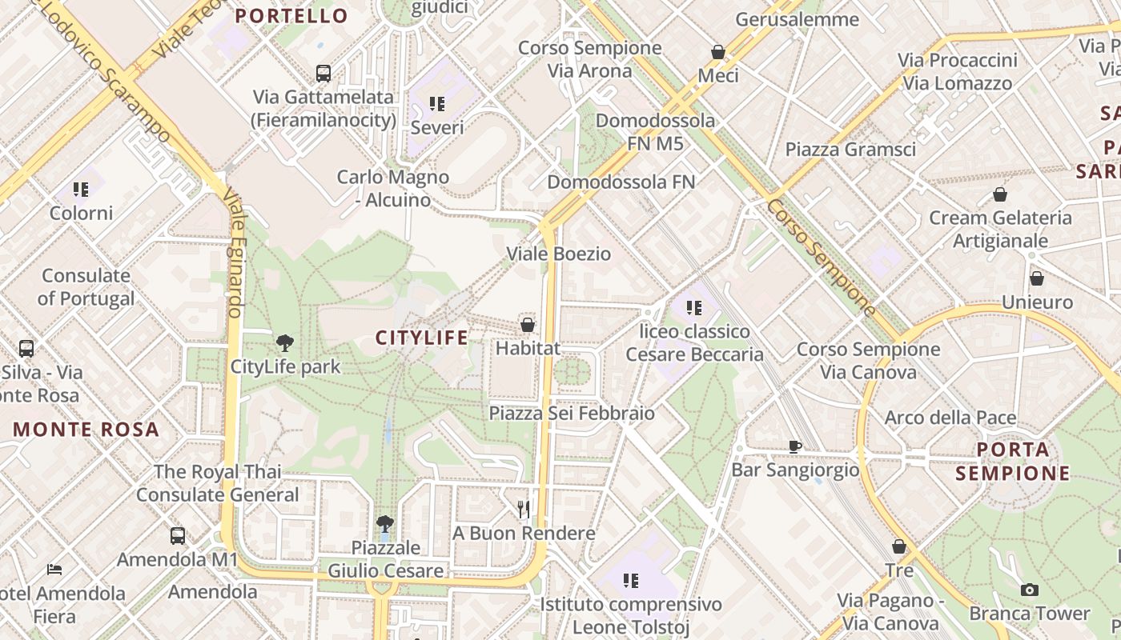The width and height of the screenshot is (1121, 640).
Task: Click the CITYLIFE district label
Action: click(422, 338)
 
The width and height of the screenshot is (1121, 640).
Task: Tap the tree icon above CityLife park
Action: click(284, 343)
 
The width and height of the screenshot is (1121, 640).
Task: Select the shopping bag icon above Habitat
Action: click(528, 324)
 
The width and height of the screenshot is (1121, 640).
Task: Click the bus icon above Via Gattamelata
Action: click(323, 74)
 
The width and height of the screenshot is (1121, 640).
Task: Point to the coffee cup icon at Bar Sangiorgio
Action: click(794, 446)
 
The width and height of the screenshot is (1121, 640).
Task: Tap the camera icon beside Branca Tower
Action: click(1030, 590)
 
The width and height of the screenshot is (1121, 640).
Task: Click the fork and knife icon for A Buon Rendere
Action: click(524, 509)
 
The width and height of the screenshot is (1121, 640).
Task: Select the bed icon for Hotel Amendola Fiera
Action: click(54, 570)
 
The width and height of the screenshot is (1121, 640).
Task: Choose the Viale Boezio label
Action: click(558, 254)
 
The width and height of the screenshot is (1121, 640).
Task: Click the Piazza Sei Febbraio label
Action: click(572, 413)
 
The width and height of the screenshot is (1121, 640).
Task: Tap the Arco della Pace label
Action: click(950, 418)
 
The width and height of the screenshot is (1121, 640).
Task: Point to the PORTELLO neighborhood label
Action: click(291, 16)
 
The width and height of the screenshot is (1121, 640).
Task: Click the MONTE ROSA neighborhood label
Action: click(86, 430)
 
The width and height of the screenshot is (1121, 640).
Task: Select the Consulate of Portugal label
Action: click(86, 287)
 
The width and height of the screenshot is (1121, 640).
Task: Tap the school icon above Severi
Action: click(437, 103)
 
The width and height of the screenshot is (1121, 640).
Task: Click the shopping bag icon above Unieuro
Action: click(1037, 278)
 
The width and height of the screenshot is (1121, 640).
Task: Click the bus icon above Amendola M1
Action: click(178, 536)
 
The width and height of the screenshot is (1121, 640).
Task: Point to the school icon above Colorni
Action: click(81, 190)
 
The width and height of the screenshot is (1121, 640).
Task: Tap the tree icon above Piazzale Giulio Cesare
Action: click(385, 524)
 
